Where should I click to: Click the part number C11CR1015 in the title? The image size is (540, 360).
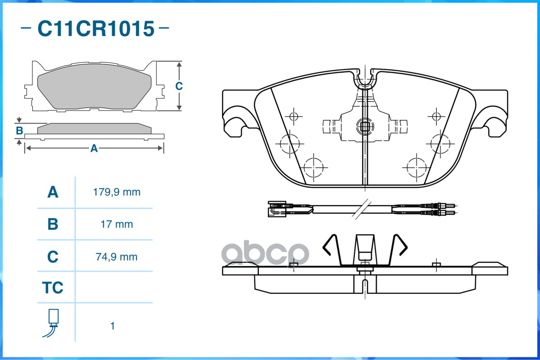coord(95,29)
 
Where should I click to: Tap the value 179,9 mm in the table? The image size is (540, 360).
coord(117,192)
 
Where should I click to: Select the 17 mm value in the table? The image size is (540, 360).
coord(117,224)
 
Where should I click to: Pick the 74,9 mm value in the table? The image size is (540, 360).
coord(117,257)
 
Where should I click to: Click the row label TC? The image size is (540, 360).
coord(53,288)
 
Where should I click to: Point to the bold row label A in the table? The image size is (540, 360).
coord(53,192)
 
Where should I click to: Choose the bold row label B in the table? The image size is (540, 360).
coord(53,224)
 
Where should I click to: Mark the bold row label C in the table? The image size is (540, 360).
coord(53,257)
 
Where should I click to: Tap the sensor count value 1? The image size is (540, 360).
coord(113,326)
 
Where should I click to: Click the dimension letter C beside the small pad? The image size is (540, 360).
coord(179,86)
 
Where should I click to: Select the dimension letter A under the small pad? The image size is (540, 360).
coord(94,148)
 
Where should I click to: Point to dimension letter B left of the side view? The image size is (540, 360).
coord(19,131)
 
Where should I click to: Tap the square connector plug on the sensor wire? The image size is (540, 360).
coord(274,208)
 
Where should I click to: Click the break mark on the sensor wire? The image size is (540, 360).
coord(360,209)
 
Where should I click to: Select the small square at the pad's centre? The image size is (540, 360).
coord(364,126)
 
